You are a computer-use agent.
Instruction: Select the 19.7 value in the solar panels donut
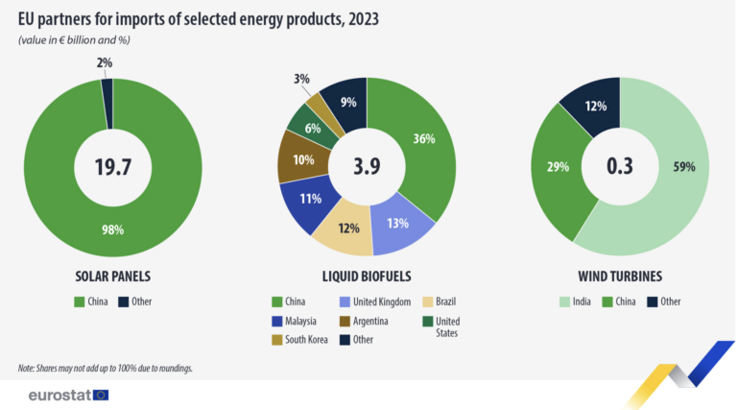point(112,167)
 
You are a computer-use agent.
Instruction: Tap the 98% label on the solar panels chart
point(112,229)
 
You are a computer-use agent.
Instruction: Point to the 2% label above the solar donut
point(105,62)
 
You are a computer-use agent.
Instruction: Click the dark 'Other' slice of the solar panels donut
point(107,88)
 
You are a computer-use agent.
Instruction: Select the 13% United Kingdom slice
point(398,223)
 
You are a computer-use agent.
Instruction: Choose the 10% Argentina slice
point(303,159)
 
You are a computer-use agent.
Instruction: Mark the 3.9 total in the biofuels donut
point(367,167)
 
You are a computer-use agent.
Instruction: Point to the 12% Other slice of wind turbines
point(594,106)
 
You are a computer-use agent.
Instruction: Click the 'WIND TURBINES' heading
point(620,276)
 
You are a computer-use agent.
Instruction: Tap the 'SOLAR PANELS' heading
point(112,276)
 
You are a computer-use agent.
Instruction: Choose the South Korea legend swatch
point(278,339)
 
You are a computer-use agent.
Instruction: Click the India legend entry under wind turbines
point(585,301)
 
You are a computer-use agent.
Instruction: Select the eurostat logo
point(68,395)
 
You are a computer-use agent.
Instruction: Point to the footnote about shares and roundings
point(111,369)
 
